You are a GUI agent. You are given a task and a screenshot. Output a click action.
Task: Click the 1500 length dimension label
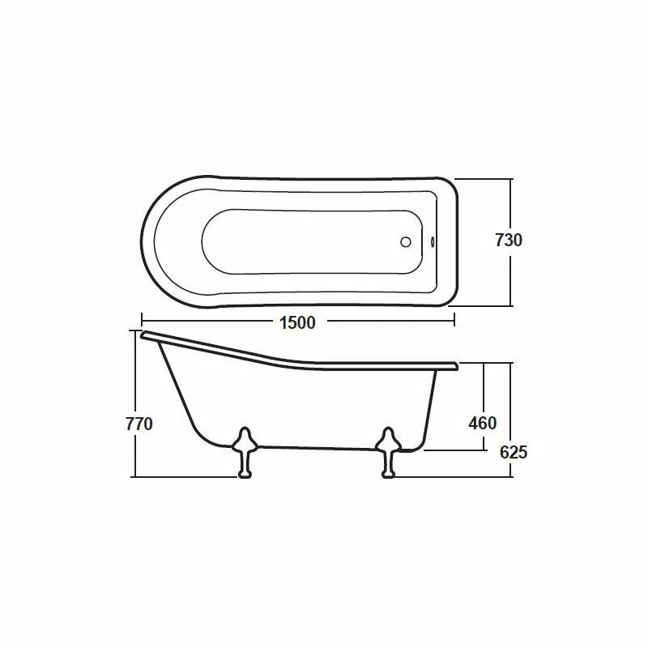tap(296, 322)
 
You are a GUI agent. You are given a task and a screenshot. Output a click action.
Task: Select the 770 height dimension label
tap(139, 423)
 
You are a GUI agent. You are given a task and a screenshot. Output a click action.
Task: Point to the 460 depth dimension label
tap(483, 423)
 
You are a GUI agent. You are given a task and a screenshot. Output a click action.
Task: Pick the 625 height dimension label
tap(513, 452)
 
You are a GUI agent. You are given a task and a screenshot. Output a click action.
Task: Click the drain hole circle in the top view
tap(407, 241)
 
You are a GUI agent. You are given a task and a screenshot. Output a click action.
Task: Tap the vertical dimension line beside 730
tap(511, 202)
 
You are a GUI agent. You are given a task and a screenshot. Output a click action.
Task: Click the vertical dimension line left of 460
tap(485, 389)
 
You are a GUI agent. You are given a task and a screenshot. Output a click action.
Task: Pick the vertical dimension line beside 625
tap(511, 405)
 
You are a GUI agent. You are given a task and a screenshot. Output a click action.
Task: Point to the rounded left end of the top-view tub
tap(144, 241)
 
